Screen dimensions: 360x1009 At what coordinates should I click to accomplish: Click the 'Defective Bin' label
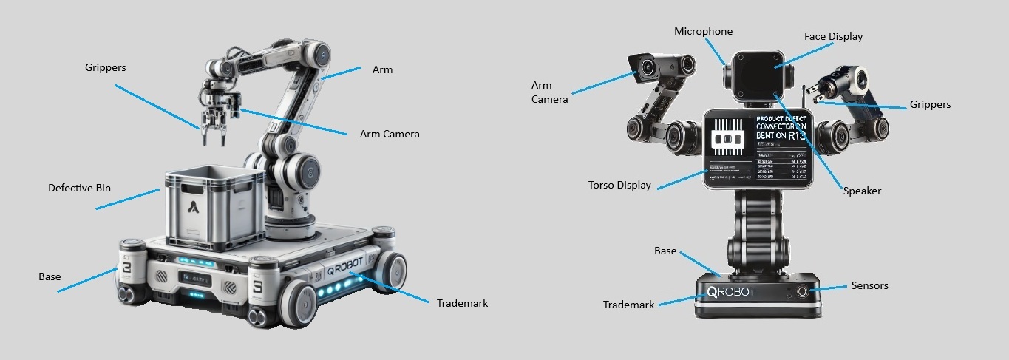(79, 188)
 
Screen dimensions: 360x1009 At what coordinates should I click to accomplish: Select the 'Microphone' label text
(703, 31)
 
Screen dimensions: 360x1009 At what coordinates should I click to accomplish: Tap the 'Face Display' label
(833, 36)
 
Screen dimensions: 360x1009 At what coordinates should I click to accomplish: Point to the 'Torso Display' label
(619, 185)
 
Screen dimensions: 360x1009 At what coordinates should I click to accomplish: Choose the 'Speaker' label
(862, 191)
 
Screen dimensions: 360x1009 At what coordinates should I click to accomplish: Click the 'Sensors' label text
(869, 285)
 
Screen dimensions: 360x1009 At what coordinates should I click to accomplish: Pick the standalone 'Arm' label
(382, 69)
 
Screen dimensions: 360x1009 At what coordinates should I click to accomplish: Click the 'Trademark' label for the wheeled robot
(462, 303)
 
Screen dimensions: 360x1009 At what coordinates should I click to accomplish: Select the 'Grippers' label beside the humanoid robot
(930, 104)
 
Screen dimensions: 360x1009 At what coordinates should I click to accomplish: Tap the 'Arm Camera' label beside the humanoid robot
(550, 92)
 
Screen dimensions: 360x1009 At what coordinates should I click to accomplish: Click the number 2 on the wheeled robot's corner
(126, 268)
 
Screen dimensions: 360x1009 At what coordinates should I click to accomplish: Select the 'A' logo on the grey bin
(194, 207)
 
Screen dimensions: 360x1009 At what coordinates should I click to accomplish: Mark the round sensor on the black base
(801, 291)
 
